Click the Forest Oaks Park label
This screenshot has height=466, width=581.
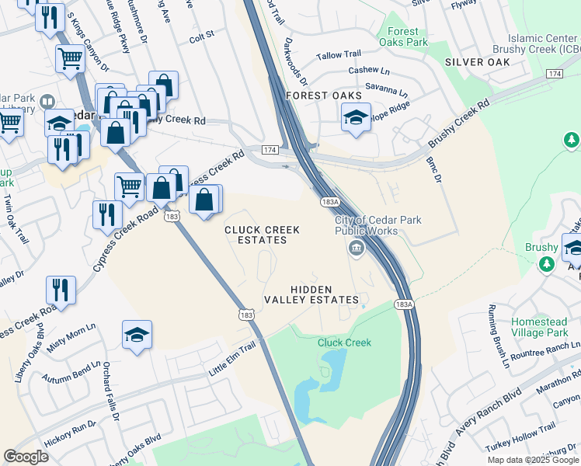pyautogui.click(x=407, y=37)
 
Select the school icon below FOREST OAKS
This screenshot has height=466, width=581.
pyautogui.click(x=356, y=118)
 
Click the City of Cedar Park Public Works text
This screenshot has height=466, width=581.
pyautogui.click(x=377, y=225)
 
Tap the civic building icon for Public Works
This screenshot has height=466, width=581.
pyautogui.click(x=356, y=249)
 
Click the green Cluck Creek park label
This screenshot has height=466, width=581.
pyautogui.click(x=344, y=343)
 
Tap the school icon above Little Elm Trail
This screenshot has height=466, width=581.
pyautogui.click(x=137, y=335)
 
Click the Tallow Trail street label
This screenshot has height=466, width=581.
pyautogui.click(x=339, y=54)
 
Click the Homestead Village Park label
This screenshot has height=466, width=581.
pyautogui.click(x=545, y=327)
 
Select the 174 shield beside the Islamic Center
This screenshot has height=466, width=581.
pyautogui.click(x=554, y=73)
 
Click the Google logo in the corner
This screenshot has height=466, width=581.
pyautogui.click(x=26, y=457)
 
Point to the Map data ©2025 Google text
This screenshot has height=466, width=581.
pyautogui.click(x=533, y=460)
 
